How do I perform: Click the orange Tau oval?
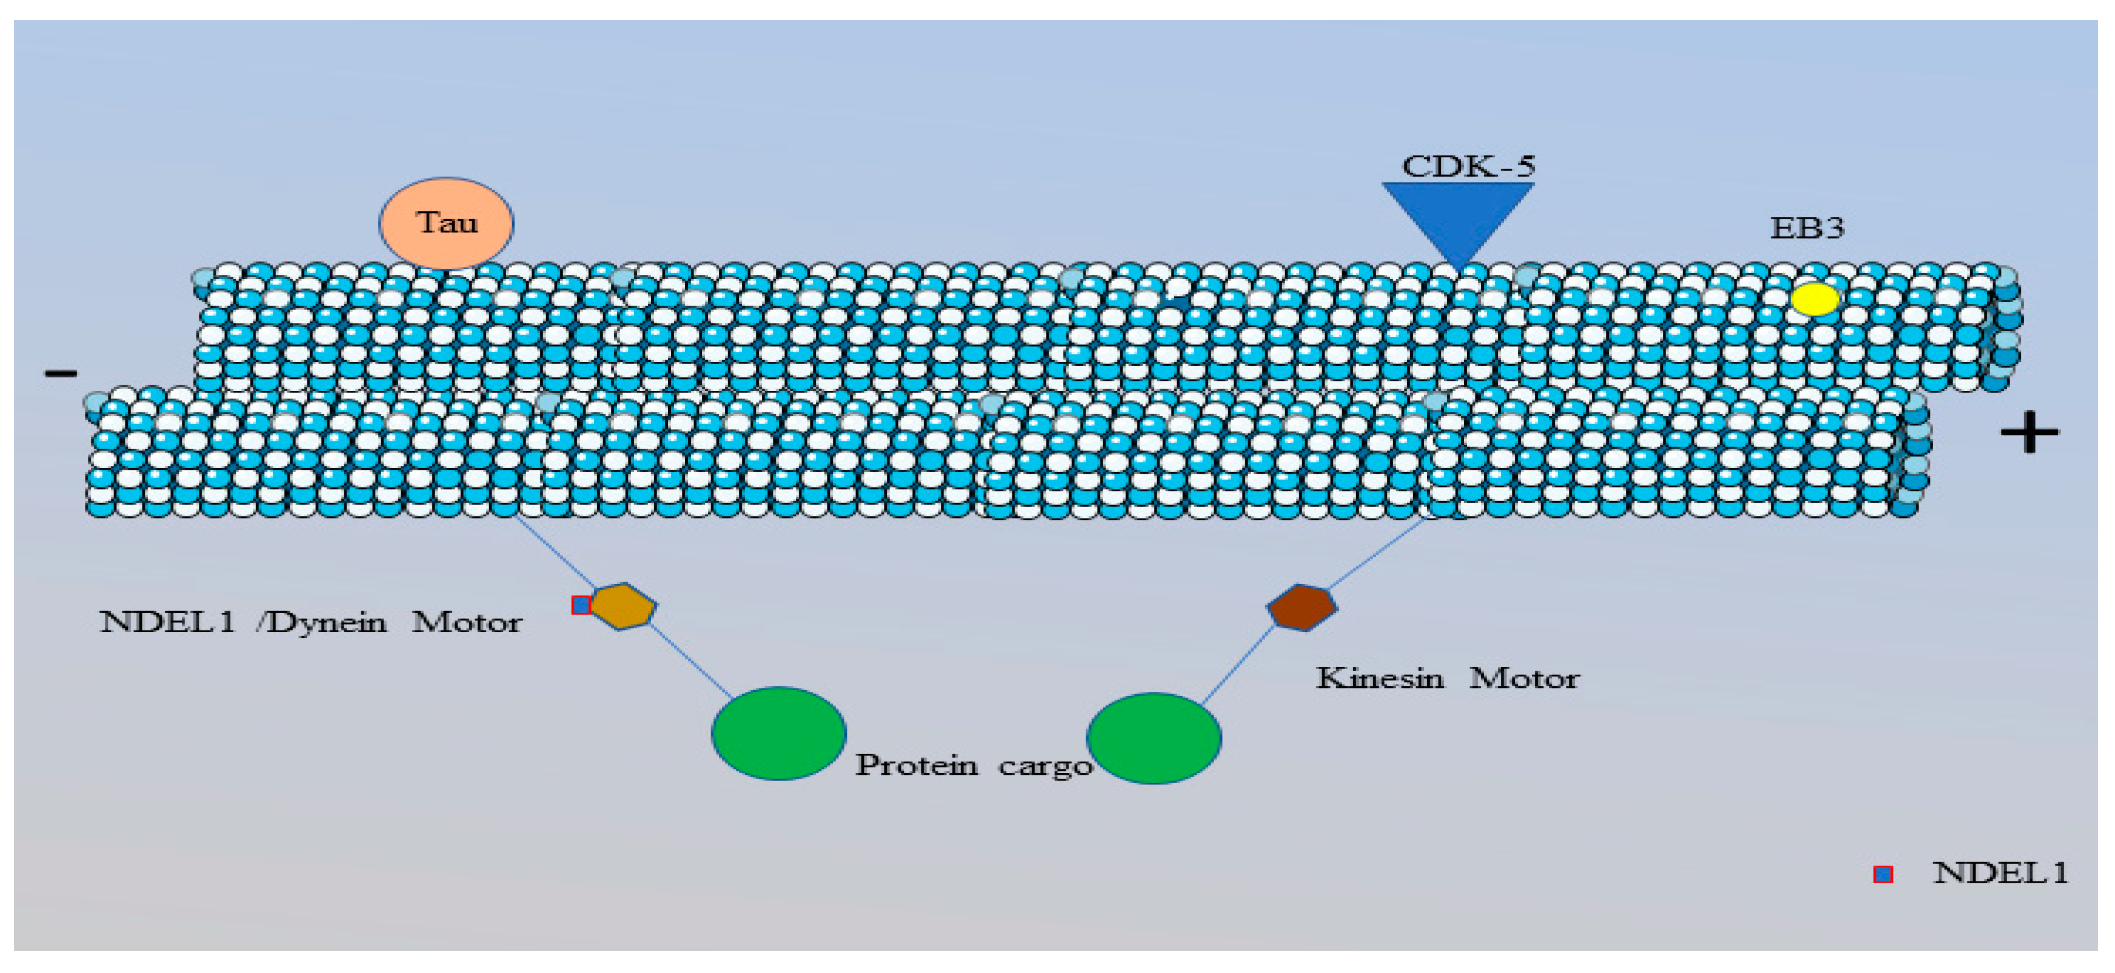(x=446, y=223)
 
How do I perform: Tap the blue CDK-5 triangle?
(x=1457, y=215)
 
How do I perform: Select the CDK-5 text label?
(x=1468, y=166)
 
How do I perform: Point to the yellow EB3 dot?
(x=1814, y=299)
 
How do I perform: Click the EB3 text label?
(x=1807, y=227)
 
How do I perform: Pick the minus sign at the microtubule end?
(x=61, y=374)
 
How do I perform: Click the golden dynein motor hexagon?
(x=624, y=607)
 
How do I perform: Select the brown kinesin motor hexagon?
(x=1301, y=608)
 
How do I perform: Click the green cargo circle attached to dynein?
(x=778, y=733)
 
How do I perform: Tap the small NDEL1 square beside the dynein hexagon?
(x=581, y=605)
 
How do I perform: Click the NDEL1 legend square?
(x=1883, y=875)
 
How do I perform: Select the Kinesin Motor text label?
(x=1447, y=679)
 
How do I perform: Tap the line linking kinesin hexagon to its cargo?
(x=1237, y=663)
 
